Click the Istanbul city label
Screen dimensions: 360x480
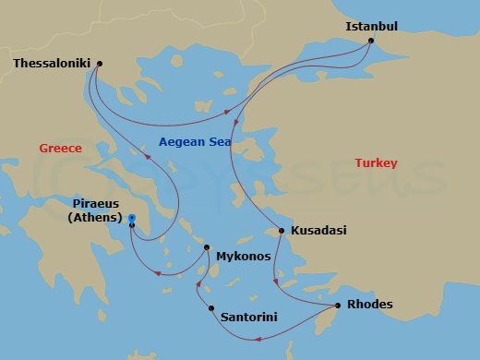(371, 26)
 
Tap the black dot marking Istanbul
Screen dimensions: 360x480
(370, 41)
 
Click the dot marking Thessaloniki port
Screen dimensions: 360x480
(99, 64)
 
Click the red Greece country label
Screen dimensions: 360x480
(60, 148)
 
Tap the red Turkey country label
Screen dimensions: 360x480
(376, 162)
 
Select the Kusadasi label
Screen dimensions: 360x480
(318, 230)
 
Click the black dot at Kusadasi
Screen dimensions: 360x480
(282, 230)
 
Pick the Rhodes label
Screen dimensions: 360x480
(369, 305)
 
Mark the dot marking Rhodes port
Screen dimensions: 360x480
(337, 305)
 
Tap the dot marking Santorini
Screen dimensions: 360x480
(211, 308)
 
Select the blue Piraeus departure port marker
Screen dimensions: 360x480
(132, 219)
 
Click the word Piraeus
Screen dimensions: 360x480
(96, 205)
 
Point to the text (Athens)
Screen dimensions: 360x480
(95, 218)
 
